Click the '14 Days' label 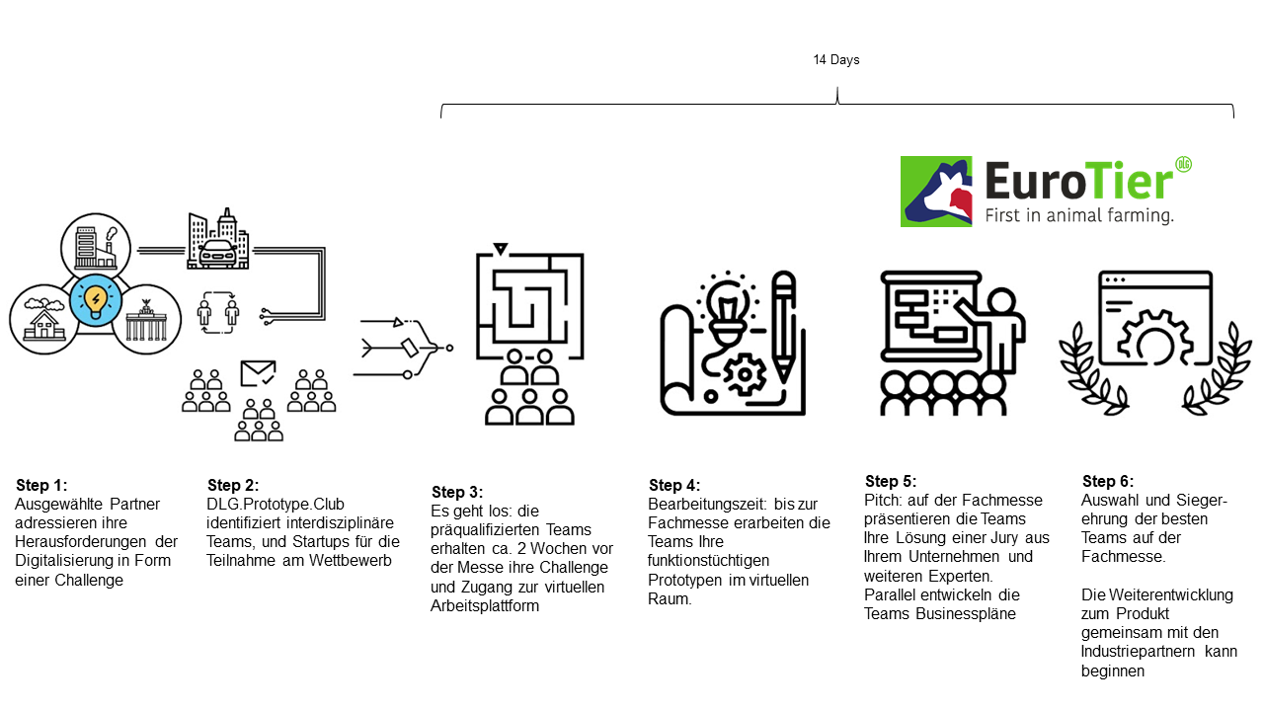point(835,60)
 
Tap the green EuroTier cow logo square point(936,192)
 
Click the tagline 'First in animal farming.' point(1079,215)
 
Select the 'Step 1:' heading point(41,485)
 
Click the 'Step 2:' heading point(233,485)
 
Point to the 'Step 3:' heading point(457,492)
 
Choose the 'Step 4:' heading point(674,485)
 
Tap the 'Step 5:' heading point(891,481)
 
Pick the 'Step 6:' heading point(1108,481)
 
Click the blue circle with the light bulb point(96,300)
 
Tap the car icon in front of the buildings point(218,254)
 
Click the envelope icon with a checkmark point(258,373)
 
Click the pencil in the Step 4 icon point(784,327)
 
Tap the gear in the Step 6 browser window point(1155,339)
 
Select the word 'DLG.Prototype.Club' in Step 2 point(276,504)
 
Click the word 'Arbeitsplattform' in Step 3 point(485,606)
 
